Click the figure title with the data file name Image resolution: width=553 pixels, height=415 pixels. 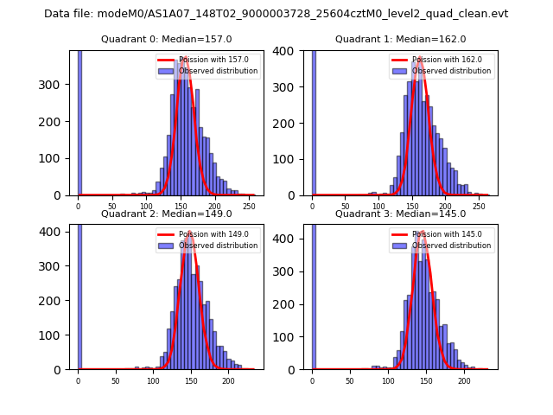pos(276,14)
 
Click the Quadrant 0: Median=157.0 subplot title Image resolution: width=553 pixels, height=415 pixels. pos(166,39)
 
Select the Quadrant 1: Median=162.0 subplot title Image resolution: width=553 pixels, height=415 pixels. pos(400,39)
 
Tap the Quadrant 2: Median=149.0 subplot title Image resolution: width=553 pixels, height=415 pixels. pos(166,214)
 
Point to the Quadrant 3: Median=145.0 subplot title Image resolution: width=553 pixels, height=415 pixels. pos(400,214)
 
